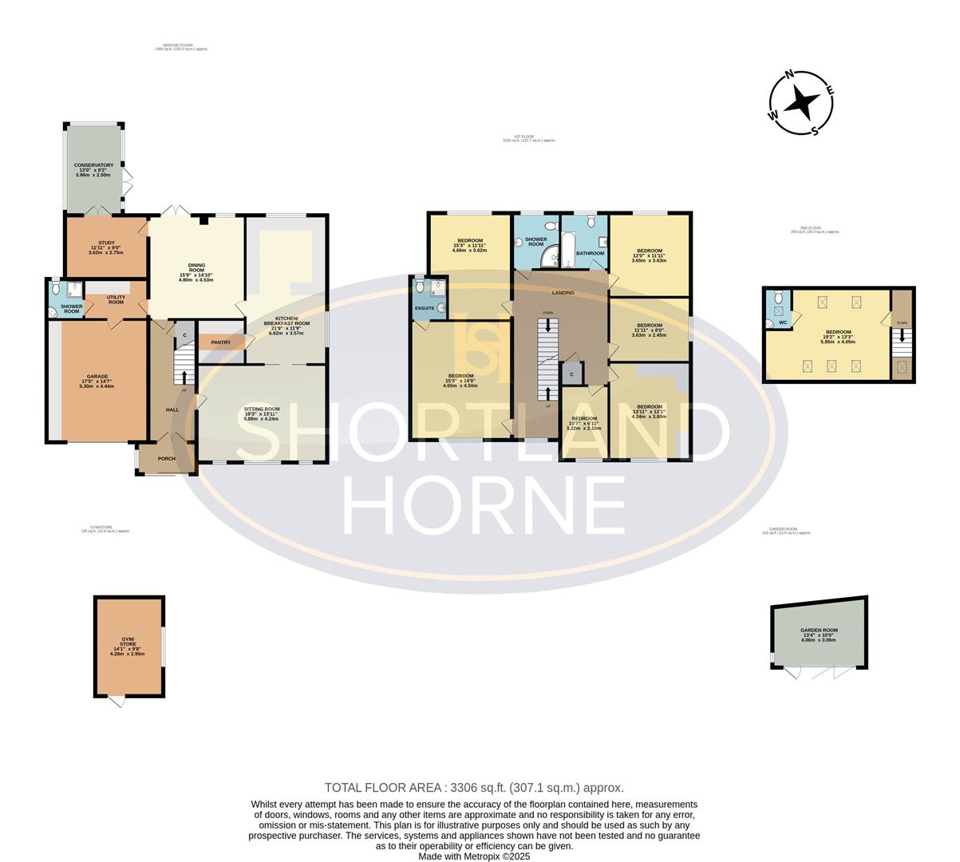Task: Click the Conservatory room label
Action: pos(94,165)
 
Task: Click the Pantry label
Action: pos(221,342)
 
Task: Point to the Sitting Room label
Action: pos(262,409)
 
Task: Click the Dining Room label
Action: pos(196,266)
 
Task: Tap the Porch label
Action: pos(166,459)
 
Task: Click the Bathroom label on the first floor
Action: pos(590,253)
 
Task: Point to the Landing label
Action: pos(563,293)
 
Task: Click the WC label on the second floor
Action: pos(783,322)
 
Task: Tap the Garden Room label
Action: pos(819,631)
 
